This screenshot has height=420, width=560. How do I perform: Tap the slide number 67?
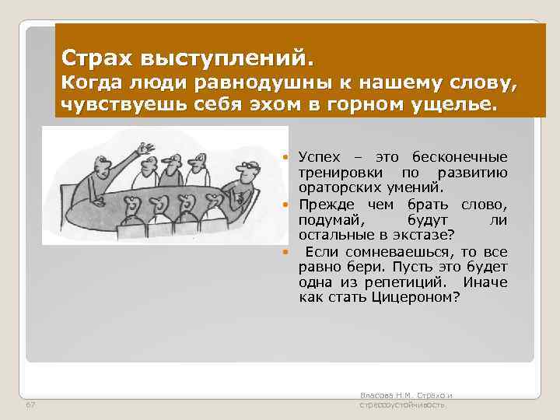tap(30, 405)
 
